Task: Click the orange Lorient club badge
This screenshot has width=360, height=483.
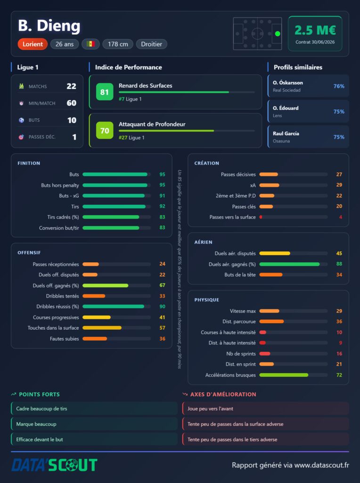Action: click(x=33, y=44)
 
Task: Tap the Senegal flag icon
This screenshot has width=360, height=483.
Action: click(x=90, y=44)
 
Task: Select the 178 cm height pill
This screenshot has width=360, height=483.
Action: click(x=118, y=44)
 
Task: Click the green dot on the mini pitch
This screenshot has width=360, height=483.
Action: click(x=278, y=33)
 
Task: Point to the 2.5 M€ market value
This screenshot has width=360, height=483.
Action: click(x=315, y=30)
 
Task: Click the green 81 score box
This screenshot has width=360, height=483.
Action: click(x=105, y=92)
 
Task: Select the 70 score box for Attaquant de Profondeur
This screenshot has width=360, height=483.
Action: click(x=105, y=130)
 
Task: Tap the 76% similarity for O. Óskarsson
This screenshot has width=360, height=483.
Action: click(x=339, y=86)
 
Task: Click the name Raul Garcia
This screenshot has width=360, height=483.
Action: click(x=286, y=133)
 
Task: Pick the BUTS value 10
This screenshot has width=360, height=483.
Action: click(x=72, y=120)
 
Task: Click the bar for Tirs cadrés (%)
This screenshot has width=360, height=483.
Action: click(x=111, y=217)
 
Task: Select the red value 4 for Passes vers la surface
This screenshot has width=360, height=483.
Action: click(x=341, y=217)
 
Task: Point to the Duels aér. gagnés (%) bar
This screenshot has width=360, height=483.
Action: click(x=289, y=264)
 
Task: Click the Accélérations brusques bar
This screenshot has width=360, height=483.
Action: click(x=284, y=375)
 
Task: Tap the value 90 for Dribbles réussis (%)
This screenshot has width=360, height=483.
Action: click(x=162, y=307)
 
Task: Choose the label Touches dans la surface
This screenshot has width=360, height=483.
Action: click(x=53, y=328)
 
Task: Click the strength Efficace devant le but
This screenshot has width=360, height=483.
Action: click(x=40, y=440)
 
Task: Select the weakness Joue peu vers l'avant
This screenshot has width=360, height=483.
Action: click(x=210, y=409)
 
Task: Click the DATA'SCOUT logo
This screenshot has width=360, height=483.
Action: click(x=55, y=465)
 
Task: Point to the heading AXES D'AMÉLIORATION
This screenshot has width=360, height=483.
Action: click(x=223, y=394)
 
